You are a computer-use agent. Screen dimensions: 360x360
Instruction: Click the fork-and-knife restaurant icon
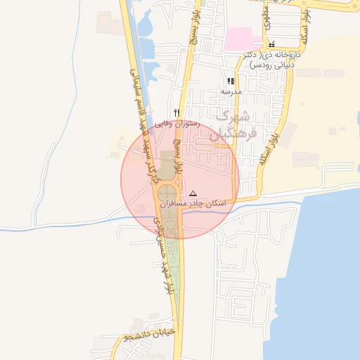[x=177, y=112]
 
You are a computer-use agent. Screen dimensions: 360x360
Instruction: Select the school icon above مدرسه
[x=231, y=81]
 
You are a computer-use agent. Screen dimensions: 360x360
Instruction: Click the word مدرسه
[x=231, y=91]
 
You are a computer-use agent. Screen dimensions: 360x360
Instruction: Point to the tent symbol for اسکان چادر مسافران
[x=193, y=193]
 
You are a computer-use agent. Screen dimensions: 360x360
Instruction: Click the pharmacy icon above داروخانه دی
[x=271, y=44]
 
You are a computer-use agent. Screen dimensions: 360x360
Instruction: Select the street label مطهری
[x=266, y=18]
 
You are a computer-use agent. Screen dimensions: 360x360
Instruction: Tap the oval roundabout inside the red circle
[x=167, y=196]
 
